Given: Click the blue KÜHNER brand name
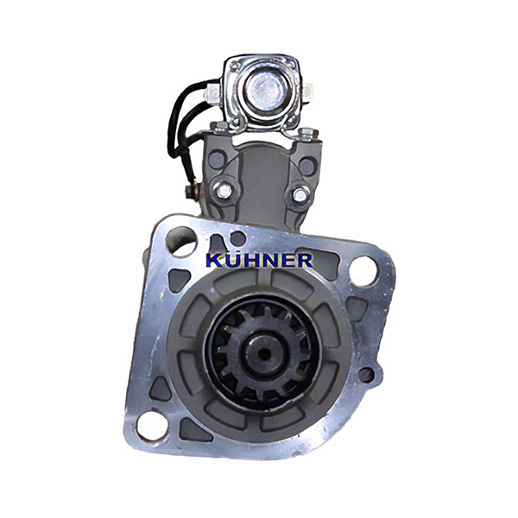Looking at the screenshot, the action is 259,261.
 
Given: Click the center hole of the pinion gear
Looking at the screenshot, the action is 263,355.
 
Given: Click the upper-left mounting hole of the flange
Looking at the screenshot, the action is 181,242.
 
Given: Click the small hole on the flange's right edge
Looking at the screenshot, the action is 366,375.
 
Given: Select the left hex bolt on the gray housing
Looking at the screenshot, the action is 223,190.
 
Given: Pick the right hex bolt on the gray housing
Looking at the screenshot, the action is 301,194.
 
